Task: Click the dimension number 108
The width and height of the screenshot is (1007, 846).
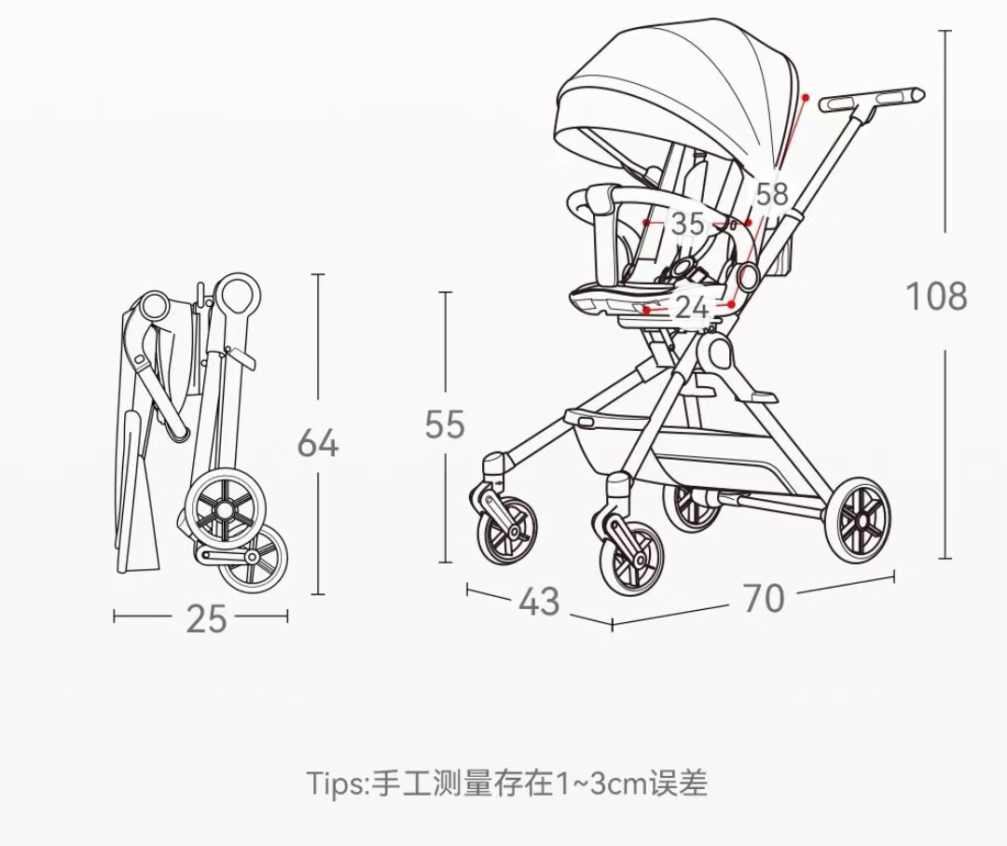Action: [936, 297]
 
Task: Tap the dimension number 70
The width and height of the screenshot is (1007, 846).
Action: [764, 599]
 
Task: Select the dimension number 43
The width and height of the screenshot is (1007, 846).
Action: [539, 602]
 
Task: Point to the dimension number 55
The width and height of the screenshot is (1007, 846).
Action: [445, 424]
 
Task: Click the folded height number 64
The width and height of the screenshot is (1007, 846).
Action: [317, 443]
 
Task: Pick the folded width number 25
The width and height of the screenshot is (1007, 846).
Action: [206, 619]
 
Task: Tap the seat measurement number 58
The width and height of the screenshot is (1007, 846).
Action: [771, 194]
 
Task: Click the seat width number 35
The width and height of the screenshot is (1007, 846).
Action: [687, 224]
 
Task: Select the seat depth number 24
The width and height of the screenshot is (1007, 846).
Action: [691, 308]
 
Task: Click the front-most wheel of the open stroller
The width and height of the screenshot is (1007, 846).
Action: [631, 558]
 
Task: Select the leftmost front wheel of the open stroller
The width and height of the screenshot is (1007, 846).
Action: [506, 531]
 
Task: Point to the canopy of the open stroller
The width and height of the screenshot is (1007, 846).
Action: [674, 96]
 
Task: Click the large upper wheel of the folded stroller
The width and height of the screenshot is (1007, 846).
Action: [225, 509]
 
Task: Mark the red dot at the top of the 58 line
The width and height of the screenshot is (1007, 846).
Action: [806, 98]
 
